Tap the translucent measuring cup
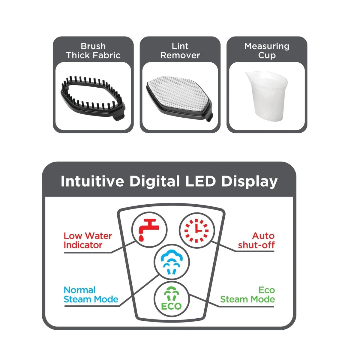[x=267, y=96]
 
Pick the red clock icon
[x=196, y=231]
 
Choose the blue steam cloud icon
[x=172, y=262]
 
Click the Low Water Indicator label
[x=88, y=240]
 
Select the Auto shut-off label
[x=256, y=240]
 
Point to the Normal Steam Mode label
[x=91, y=295]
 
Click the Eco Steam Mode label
[x=247, y=295]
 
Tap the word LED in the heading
[x=200, y=181]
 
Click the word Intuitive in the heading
[x=92, y=181]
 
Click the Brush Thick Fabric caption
[x=93, y=51]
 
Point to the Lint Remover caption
[x=180, y=51]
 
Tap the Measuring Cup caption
[x=267, y=51]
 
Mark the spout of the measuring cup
[x=248, y=74]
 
